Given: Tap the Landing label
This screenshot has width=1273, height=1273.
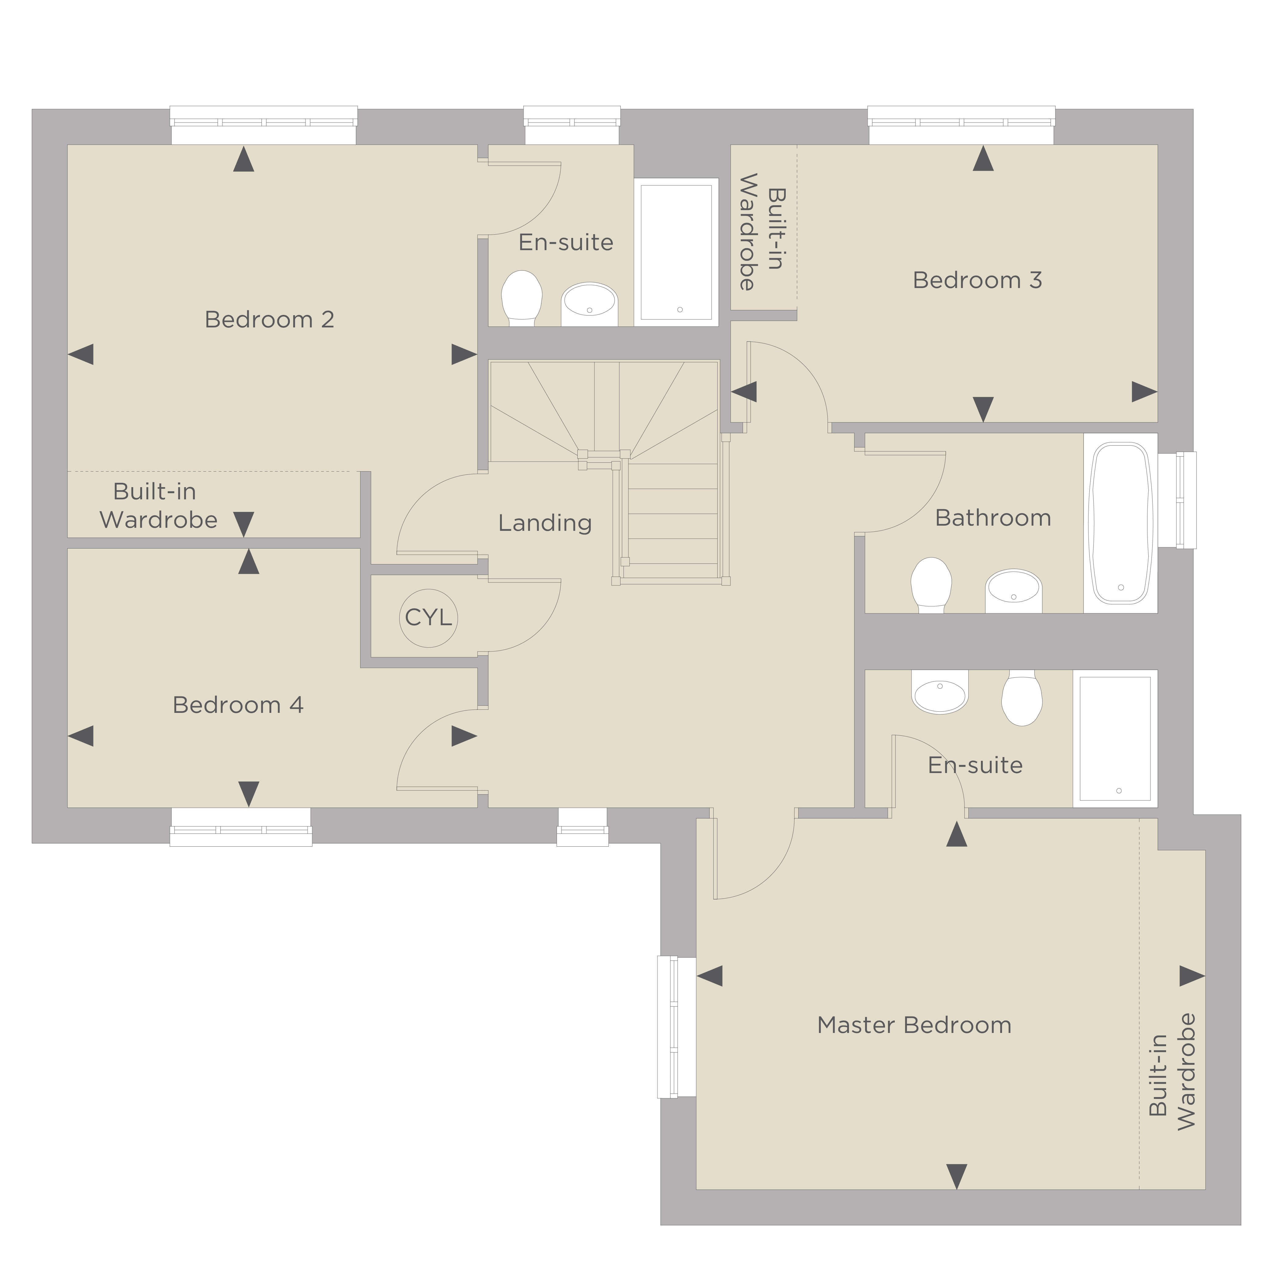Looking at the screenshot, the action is (545, 523).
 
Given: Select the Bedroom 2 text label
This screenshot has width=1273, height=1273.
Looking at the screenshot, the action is (269, 319).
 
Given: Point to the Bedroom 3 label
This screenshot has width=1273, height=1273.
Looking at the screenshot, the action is (977, 281).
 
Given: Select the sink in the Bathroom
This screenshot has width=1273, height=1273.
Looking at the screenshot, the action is (1013, 591).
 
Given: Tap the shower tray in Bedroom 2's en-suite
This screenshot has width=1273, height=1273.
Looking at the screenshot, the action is (676, 252).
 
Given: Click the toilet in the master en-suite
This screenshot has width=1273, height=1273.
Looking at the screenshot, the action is (1021, 699).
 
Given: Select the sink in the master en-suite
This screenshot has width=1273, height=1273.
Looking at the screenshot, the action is (940, 692).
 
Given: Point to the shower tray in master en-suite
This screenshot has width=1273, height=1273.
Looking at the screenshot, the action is (1115, 739).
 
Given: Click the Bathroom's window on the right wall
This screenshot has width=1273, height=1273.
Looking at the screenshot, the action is (1177, 500).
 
